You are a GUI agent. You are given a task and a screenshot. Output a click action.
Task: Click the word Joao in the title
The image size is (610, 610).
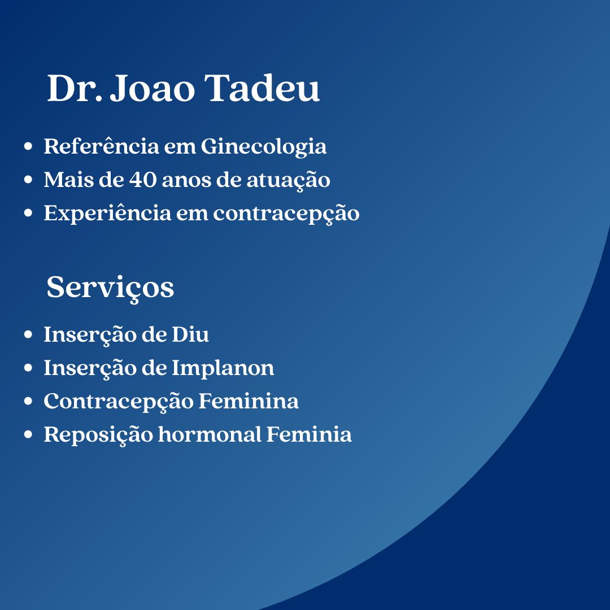tap(152, 88)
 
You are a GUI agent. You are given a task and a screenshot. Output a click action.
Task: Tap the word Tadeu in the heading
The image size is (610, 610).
tap(262, 88)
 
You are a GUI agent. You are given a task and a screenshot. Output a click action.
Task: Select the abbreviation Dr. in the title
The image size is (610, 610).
tap(75, 88)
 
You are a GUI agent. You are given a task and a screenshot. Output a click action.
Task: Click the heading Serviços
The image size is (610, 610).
tap(110, 288)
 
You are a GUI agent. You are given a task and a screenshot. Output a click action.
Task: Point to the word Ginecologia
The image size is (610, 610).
tap(263, 147)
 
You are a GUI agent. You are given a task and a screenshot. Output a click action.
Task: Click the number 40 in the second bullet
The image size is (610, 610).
tap(143, 180)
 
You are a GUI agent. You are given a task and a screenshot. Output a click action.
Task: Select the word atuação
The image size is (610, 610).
tap(288, 181)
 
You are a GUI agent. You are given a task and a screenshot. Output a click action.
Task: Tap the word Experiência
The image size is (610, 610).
tap(107, 213)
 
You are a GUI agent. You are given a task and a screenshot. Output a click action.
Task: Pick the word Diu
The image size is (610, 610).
tap(190, 334)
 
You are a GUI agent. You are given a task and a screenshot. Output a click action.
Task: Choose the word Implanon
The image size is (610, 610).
tap(223, 369)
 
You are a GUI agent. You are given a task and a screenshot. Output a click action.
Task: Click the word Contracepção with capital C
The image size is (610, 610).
tap(118, 402)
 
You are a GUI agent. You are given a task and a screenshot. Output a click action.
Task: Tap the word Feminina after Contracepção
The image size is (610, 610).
tap(249, 401)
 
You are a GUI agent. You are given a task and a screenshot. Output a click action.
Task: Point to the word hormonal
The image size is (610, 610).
tap(210, 434)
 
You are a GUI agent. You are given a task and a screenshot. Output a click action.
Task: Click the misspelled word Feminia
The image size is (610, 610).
tap(309, 434)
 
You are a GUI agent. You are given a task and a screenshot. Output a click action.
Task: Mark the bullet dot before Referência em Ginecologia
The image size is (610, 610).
tap(28, 146)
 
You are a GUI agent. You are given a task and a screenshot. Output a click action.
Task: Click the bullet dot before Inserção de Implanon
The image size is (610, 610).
tap(28, 368)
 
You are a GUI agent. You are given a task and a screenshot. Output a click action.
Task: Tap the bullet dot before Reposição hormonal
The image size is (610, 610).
tap(28, 434)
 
